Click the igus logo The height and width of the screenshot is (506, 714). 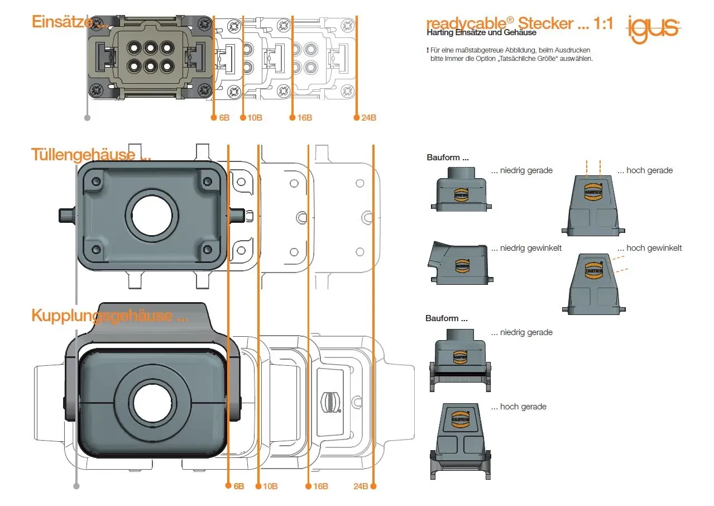coord(653,27)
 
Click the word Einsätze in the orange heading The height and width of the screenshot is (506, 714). coord(59,22)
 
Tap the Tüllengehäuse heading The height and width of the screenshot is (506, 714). coord(83,154)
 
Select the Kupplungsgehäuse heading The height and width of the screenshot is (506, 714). coord(101,316)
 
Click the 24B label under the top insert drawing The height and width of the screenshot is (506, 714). coord(368,118)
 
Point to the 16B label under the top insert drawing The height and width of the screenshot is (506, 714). coord(304,118)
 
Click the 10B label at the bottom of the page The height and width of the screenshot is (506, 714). coord(270,486)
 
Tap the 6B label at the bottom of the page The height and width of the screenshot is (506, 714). coord(238,486)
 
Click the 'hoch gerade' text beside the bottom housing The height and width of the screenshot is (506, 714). coord(523,407)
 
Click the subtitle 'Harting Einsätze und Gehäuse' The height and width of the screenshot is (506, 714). coord(481,32)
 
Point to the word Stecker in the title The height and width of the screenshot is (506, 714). coord(545,23)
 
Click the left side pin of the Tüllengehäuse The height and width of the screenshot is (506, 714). coord(68,215)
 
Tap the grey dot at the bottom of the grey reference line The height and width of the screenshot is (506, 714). coord(76,486)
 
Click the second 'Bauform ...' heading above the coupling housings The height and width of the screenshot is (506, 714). coord(446,318)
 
